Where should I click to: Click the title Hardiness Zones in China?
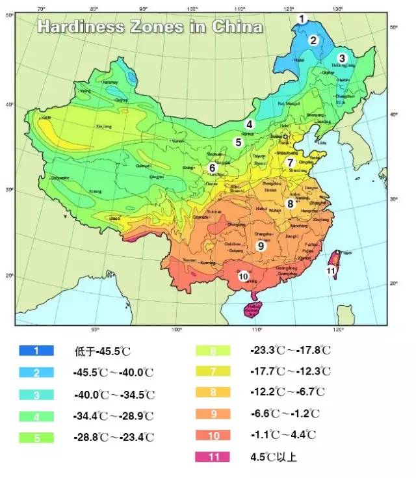(150, 27)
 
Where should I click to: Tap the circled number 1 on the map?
(301, 19)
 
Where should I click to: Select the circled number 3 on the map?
(342, 58)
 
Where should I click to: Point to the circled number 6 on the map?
(212, 167)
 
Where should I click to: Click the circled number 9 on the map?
(261, 246)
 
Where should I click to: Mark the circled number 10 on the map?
(244, 276)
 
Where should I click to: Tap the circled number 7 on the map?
(291, 163)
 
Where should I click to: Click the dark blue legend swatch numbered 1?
(36, 351)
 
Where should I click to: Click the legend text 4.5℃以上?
(273, 457)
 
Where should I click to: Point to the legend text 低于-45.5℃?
(103, 351)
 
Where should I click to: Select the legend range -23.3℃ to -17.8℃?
(290, 351)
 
